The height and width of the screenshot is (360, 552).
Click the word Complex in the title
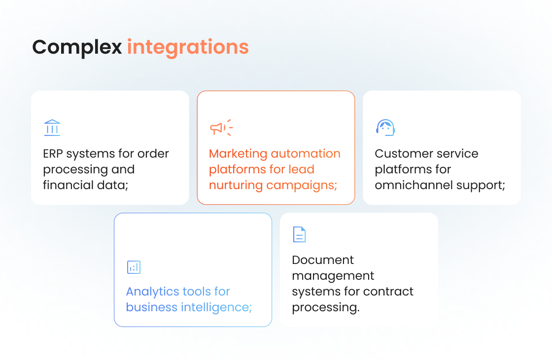tap(77, 47)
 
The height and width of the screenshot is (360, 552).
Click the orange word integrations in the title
tap(188, 47)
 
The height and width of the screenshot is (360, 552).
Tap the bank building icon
tap(52, 128)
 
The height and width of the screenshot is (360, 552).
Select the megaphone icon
tap(221, 128)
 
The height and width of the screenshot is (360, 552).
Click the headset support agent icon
tap(385, 128)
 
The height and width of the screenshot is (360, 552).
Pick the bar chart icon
tap(134, 267)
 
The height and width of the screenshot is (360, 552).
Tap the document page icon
tap(299, 234)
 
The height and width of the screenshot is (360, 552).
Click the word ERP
tap(53, 154)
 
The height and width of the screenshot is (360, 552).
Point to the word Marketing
tap(238, 154)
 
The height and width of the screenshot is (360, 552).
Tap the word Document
tap(323, 260)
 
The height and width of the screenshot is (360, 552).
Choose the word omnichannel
tap(414, 185)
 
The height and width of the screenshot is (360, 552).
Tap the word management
tap(333, 276)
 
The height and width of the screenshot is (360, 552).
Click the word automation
tap(306, 154)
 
